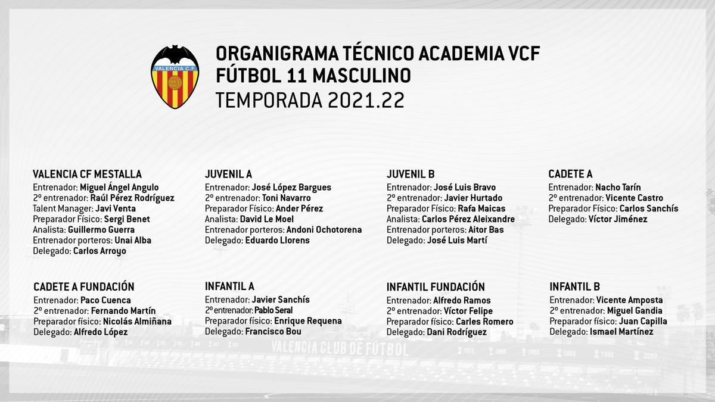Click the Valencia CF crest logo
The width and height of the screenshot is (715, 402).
pos(175,77)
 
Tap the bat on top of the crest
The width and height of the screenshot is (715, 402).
pos(175,55)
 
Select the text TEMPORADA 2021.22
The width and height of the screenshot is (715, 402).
pos(310,99)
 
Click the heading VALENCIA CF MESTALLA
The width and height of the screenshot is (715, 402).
pos(87,174)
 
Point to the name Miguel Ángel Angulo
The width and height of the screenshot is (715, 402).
pos(119,188)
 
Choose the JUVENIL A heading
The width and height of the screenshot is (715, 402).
pos(228,174)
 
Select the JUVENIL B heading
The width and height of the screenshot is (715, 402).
pos(411,174)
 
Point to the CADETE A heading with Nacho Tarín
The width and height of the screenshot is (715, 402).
pos(570,174)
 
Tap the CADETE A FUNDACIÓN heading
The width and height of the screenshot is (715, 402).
pos(84,287)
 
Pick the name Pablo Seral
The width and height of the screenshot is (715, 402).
pos(273,310)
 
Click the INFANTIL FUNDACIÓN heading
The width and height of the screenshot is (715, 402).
pos(436,287)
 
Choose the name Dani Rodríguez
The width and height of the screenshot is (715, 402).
pos(456,332)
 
